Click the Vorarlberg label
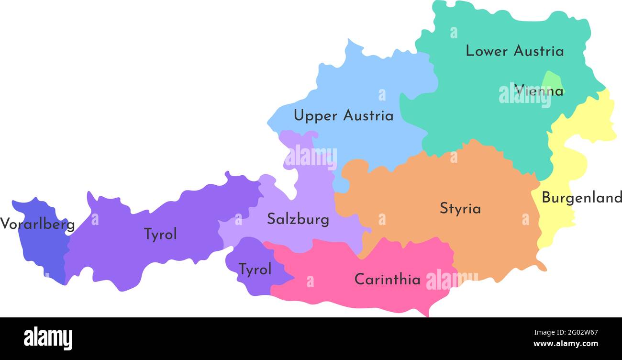click(x=37, y=224)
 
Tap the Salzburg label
click(x=298, y=219)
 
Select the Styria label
click(x=460, y=209)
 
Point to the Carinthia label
click(x=387, y=279)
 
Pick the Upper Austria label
click(x=343, y=115)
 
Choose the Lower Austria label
click(x=514, y=51)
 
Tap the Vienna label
click(x=539, y=90)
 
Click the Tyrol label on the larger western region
click(x=160, y=234)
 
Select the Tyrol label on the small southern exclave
click(x=255, y=270)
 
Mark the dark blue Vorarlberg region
click(x=45, y=249)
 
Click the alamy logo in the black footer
click(x=48, y=338)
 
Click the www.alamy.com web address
click(x=566, y=344)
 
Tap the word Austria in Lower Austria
click(x=539, y=51)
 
